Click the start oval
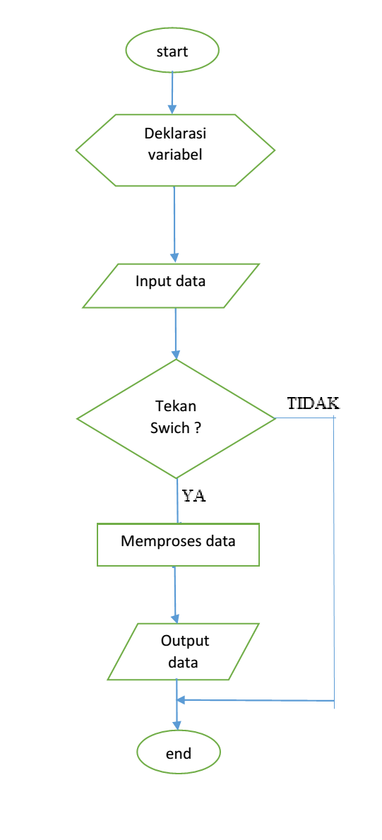[172, 52]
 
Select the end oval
[179, 753]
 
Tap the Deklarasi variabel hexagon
[175, 150]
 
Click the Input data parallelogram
[171, 285]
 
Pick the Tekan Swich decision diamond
[176, 418]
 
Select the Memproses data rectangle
[178, 544]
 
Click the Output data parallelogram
[183, 651]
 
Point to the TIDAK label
[313, 403]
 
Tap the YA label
[193, 495]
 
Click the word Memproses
[153, 542]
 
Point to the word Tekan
[175, 406]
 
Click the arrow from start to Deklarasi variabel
[172, 89]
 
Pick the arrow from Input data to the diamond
[176, 333]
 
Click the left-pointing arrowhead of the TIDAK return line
[181, 700]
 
